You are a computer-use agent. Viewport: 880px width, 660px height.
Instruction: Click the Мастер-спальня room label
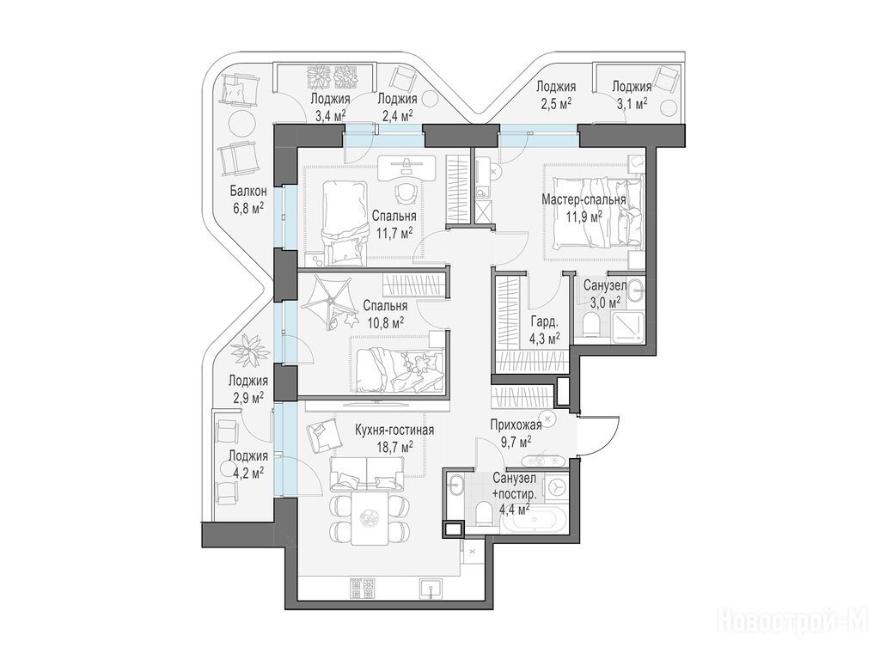point(584,199)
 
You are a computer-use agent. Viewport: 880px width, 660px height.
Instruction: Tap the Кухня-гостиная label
point(394,430)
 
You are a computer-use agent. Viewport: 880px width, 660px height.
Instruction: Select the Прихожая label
point(516,425)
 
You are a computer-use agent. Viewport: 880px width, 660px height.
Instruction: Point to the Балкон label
point(247,192)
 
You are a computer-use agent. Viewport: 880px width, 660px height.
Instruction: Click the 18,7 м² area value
point(395,446)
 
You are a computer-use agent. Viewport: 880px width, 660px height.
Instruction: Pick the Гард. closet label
point(544,322)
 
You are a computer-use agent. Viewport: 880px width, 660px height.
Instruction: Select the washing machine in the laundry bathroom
point(556,487)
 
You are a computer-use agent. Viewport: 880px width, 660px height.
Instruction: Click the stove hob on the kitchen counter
point(362,589)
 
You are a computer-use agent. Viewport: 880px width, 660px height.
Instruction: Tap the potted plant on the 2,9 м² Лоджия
point(249,350)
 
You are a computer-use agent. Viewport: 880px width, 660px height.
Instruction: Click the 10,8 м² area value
point(386,323)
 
